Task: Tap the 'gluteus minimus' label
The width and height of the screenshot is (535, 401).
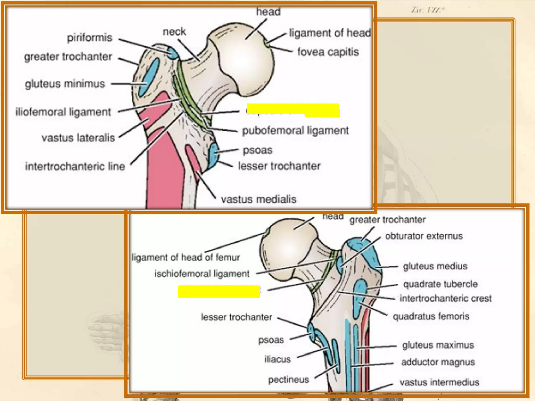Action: click(x=65, y=84)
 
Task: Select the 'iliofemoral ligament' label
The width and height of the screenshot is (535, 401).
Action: click(x=63, y=112)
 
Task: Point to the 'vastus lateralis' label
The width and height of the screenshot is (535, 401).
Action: click(x=78, y=138)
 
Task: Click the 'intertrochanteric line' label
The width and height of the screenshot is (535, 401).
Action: click(x=75, y=167)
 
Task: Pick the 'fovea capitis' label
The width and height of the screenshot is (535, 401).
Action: click(x=328, y=52)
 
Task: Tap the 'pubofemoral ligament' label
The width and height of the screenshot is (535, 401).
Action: click(x=295, y=131)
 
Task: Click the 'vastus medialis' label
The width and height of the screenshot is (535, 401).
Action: click(x=259, y=199)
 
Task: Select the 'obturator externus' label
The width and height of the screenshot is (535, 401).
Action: click(x=424, y=236)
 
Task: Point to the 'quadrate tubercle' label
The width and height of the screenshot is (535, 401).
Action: click(x=440, y=284)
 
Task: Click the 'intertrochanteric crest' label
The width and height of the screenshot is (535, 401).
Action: click(x=445, y=298)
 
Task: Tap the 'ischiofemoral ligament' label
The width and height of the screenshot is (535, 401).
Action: click(x=202, y=274)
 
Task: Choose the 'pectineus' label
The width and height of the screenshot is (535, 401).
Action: click(x=288, y=380)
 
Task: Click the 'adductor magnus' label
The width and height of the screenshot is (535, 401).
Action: click(x=438, y=362)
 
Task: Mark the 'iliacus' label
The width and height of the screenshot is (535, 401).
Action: click(x=277, y=359)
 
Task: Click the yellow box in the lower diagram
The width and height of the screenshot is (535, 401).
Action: click(x=219, y=291)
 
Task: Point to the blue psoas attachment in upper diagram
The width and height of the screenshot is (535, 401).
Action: click(x=214, y=156)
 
